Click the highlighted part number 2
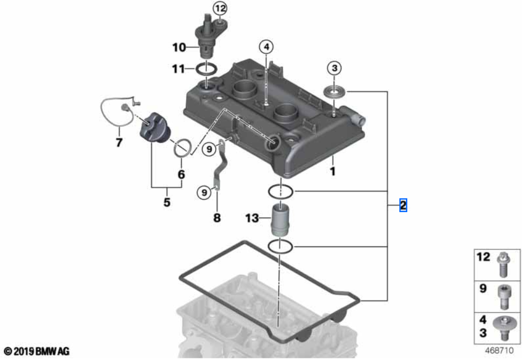tap(403, 205)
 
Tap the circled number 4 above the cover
tap(267, 47)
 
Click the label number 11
tap(179, 68)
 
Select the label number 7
tap(119, 143)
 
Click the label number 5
tap(167, 202)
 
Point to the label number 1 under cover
tap(333, 171)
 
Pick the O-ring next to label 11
tap(207, 68)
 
